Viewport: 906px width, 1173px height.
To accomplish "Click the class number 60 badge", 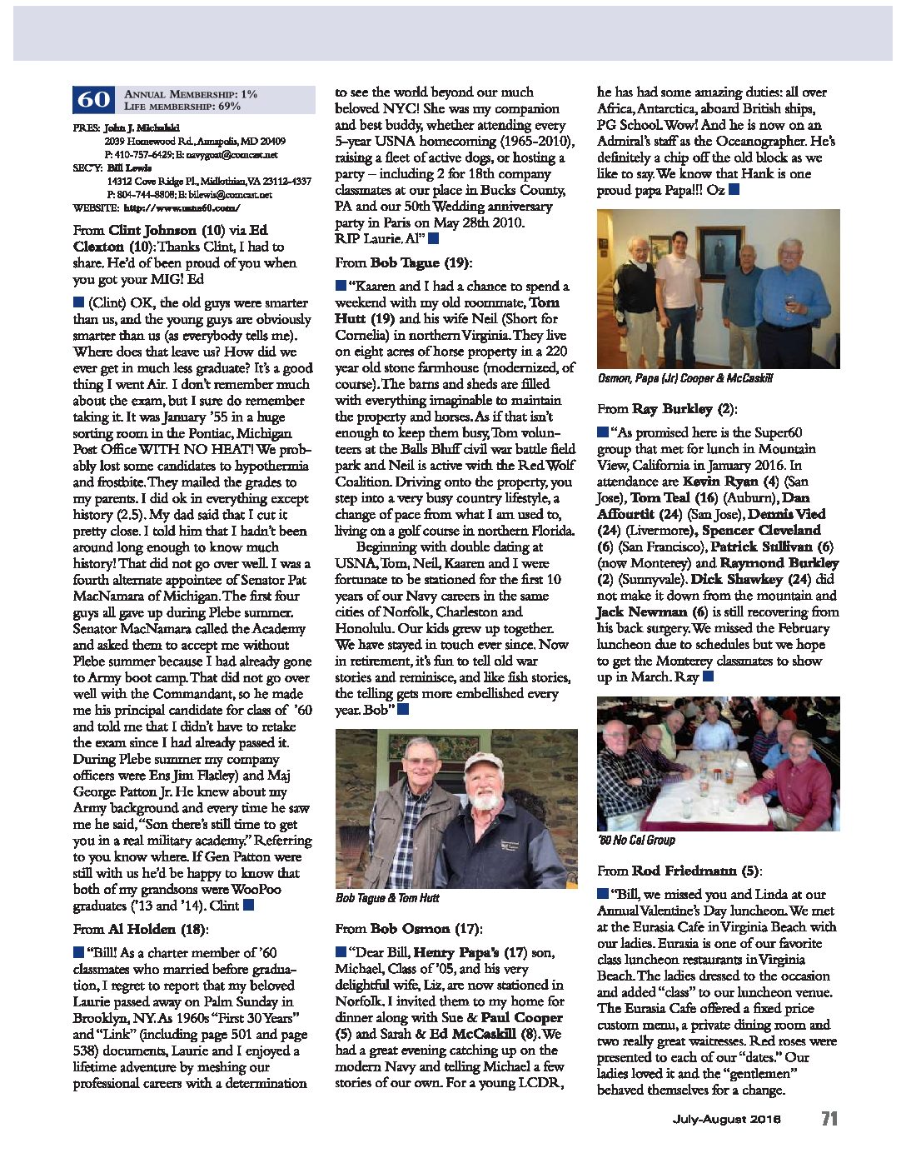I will (93, 100).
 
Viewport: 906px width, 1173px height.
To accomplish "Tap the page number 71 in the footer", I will (829, 1118).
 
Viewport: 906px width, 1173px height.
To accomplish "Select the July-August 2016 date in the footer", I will (726, 1119).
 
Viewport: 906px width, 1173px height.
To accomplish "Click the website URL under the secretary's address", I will (181, 207).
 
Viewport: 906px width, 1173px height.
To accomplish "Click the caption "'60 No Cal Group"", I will (636, 840).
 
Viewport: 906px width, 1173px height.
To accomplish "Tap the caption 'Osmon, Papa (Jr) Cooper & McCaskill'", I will (684, 378).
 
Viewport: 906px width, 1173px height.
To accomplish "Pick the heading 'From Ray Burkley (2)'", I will (667, 408).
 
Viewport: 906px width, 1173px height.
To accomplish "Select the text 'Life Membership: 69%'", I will (182, 107).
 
